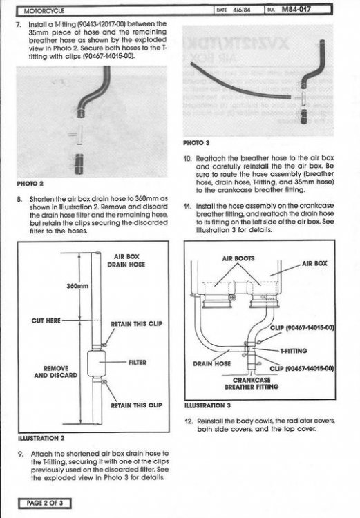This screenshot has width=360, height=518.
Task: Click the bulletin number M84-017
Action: tap(296, 10)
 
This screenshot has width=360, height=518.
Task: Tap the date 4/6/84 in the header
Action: tap(242, 10)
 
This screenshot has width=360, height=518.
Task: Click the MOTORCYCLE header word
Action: tap(44, 11)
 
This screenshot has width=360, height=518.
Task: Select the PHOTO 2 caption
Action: tap(30, 184)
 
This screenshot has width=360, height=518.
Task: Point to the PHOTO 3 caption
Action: tap(196, 143)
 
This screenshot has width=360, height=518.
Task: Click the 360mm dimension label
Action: tap(77, 286)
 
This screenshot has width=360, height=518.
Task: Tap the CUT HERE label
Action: tap(46, 320)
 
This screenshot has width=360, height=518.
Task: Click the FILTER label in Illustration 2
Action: tap(138, 363)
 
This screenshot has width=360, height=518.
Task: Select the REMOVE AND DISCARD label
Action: tap(55, 372)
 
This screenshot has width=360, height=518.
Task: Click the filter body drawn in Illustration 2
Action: tap(97, 363)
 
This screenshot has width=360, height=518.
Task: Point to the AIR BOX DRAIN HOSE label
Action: tap(126, 260)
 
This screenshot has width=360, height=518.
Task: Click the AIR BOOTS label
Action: tap(238, 258)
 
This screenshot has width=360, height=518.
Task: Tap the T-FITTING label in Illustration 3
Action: tap(294, 350)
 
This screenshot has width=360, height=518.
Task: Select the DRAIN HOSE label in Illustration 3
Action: tap(212, 364)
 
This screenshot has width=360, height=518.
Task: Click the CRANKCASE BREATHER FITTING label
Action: tap(252, 383)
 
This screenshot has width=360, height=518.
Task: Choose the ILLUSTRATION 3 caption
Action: tap(207, 405)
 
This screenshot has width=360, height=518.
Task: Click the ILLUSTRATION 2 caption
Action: tap(41, 438)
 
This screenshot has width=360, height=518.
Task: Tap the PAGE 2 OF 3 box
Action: tap(45, 503)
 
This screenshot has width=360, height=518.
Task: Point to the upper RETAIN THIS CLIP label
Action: tap(137, 324)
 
